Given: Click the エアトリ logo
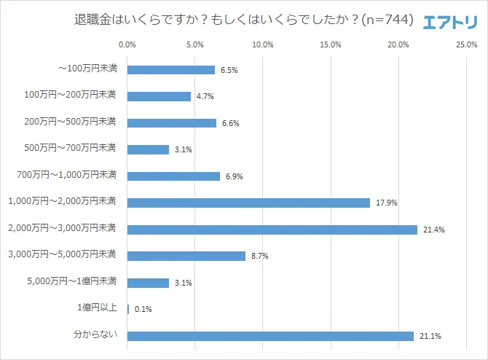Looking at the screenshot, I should pos(450,21).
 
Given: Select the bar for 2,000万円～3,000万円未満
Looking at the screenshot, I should pos(272,230).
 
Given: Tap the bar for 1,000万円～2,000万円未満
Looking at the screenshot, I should pos(248,203).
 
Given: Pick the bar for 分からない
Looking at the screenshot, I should pos(270,336).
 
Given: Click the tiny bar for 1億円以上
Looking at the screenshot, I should pos(128,309).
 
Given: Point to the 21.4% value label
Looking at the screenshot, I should pos(434,230).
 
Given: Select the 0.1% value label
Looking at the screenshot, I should pos(143,310).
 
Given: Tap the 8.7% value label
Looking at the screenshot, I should pos(260,257).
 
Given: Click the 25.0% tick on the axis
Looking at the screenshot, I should pos(466,44).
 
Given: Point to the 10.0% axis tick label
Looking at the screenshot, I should pos(262,44).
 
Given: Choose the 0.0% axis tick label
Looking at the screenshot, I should pos(127,44).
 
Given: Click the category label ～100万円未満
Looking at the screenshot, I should pos(87,69).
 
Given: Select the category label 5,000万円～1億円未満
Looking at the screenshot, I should pos(71,283).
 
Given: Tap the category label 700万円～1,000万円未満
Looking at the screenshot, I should pos(66,176).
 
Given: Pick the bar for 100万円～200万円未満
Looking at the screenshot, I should pos(159,96).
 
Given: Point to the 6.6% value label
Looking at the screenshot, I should pos(231,123).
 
